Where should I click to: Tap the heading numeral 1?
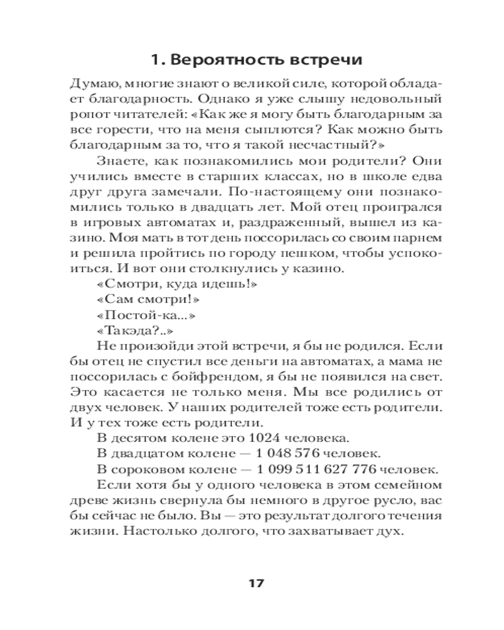(156, 60)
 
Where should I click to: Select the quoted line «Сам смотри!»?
(134, 300)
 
